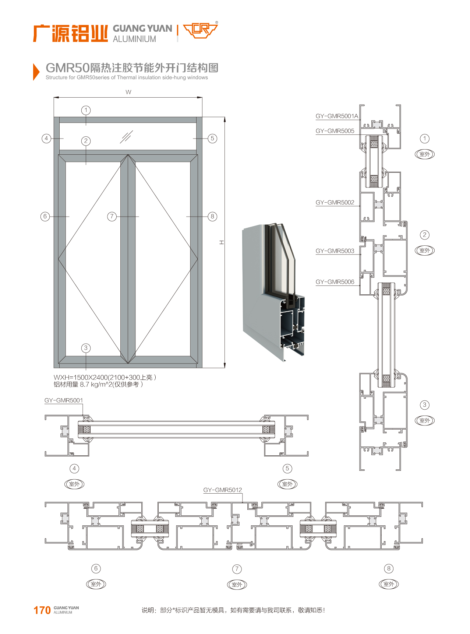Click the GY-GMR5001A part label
[336, 116]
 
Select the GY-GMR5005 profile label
[335, 131]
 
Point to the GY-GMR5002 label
[335, 202]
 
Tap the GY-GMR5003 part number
[335, 251]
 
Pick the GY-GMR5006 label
[335, 282]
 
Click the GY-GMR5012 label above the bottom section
[222, 490]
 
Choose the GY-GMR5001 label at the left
[64, 400]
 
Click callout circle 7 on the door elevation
[112, 216]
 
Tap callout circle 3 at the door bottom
[86, 348]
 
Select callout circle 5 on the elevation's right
[212, 139]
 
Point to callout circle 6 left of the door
[45, 216]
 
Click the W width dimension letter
[128, 92]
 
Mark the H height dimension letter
[222, 242]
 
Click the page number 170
[42, 610]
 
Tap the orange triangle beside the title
[36, 71]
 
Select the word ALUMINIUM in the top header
[134, 39]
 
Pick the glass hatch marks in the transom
[126, 137]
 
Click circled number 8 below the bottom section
[389, 568]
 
